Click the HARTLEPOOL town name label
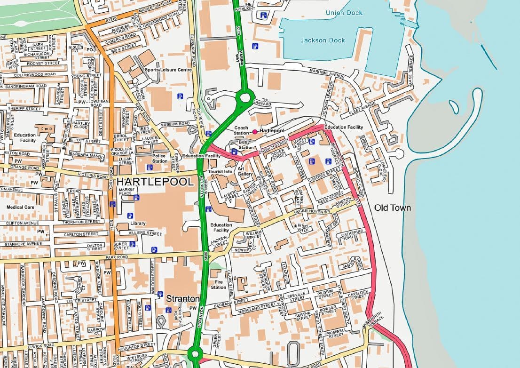(155, 182)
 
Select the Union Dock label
(344, 13)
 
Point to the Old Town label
(393, 208)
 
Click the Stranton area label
(182, 299)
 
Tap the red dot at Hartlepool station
(255, 131)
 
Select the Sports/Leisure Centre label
(168, 70)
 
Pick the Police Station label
(159, 158)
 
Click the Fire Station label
(218, 284)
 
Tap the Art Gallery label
(244, 171)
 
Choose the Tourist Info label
(221, 172)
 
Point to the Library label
(138, 223)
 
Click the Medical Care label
(20, 207)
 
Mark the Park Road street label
(117, 258)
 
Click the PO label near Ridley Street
(89, 49)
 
